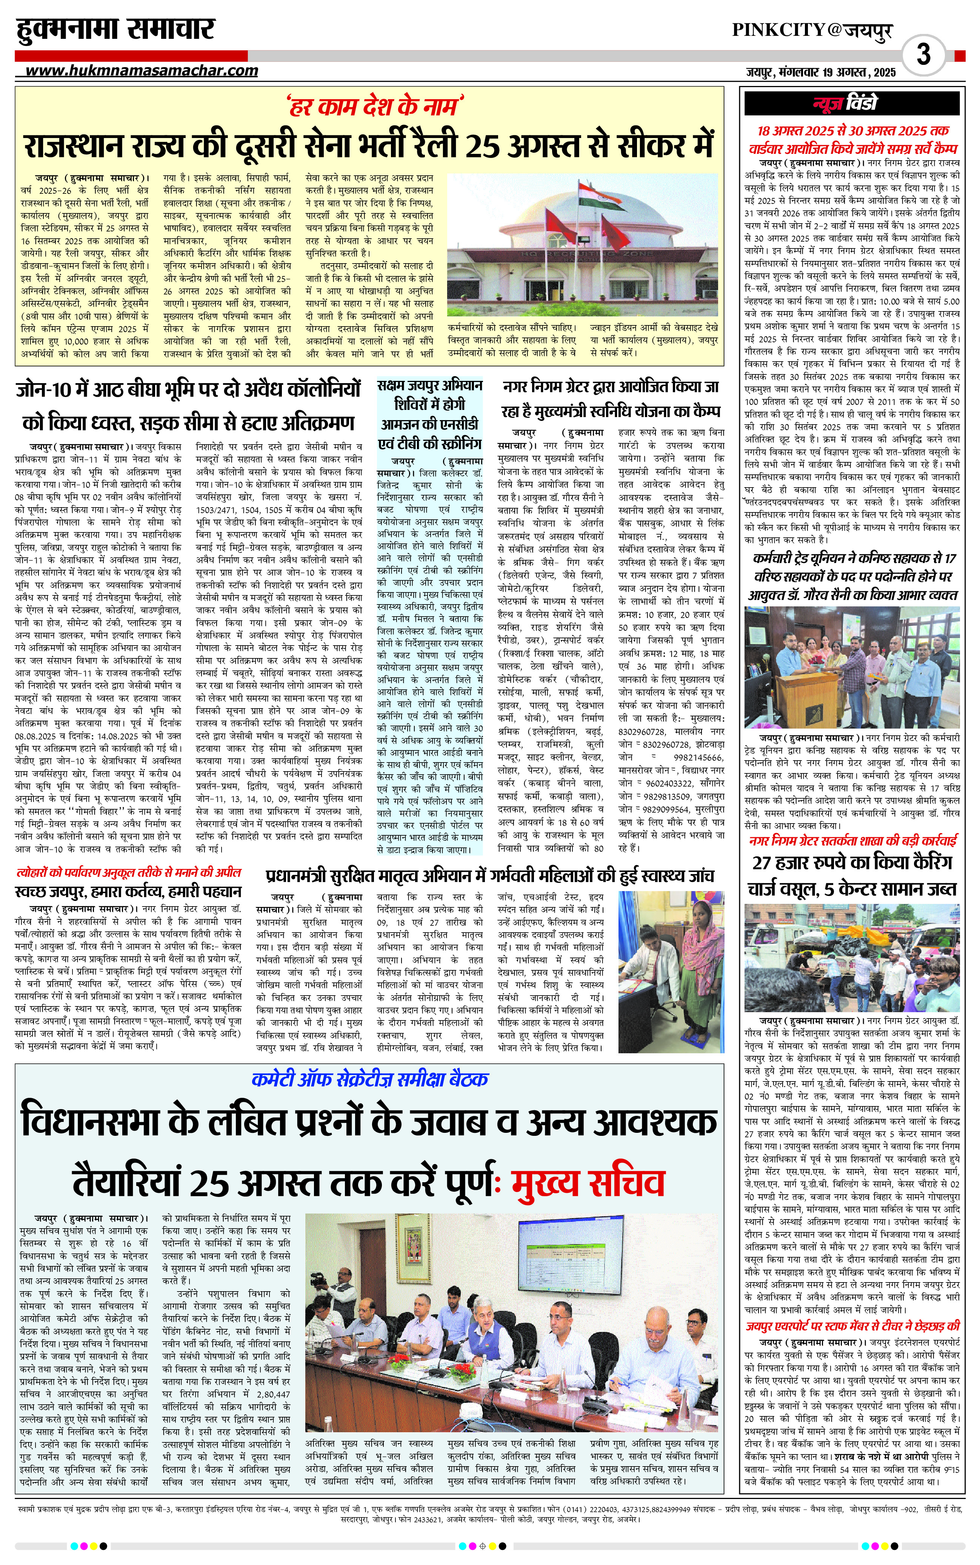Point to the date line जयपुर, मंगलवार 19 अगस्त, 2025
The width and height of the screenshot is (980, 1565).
(820, 72)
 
